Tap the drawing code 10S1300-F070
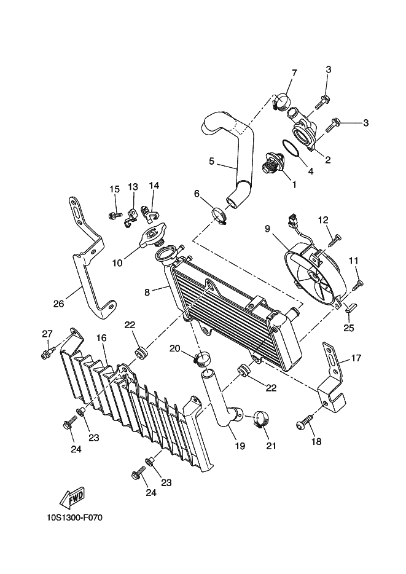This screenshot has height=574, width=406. (x=74, y=517)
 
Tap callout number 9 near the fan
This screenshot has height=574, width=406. (x=267, y=229)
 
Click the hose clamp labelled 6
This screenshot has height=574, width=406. (x=220, y=216)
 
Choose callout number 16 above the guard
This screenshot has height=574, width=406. (x=101, y=338)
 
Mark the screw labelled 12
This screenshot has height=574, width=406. (x=335, y=238)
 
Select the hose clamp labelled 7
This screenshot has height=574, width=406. (x=282, y=101)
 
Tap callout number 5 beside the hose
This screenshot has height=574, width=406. (x=211, y=162)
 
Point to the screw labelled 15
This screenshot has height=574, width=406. (x=115, y=215)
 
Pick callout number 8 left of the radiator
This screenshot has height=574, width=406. (x=147, y=293)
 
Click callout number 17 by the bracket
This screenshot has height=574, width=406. (x=356, y=358)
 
